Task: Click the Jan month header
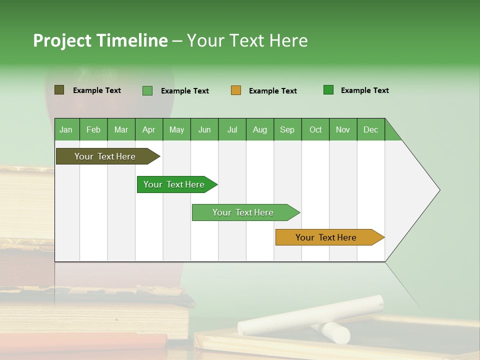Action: click(66, 129)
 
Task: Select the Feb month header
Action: click(93, 129)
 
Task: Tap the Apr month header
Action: click(149, 129)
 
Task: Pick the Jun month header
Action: click(204, 129)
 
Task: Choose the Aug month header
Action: click(260, 129)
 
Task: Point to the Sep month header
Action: click(287, 129)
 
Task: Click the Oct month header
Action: click(315, 129)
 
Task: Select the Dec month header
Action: click(371, 129)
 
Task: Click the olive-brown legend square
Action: click(59, 90)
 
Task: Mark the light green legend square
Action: click(147, 90)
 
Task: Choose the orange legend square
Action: click(236, 90)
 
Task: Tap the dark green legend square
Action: click(328, 90)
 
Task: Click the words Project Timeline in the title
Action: click(100, 40)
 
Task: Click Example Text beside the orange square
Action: click(273, 91)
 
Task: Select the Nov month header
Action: click(343, 129)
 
